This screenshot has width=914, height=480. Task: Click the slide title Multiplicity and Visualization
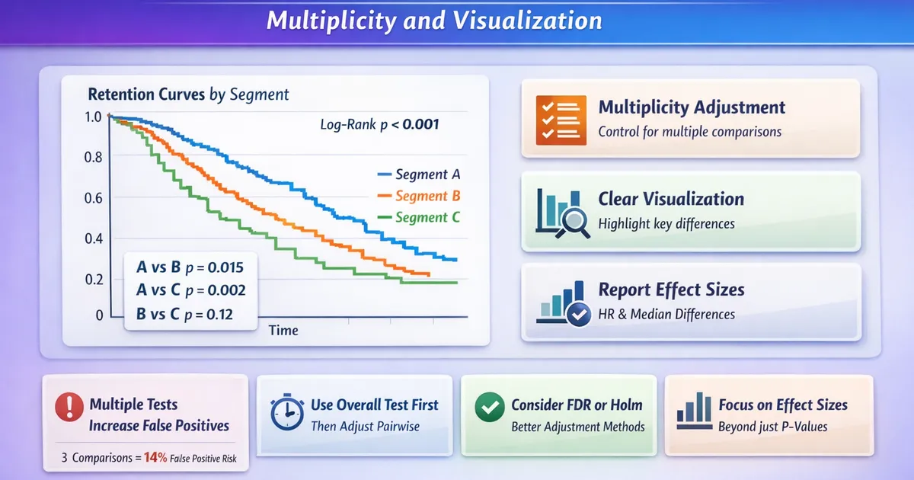[x=434, y=21]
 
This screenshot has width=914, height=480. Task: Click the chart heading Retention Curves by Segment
[x=188, y=95]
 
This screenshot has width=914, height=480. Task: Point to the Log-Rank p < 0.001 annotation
[x=379, y=125]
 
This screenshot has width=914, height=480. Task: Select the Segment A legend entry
[x=417, y=174]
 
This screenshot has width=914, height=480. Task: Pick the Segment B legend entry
[x=417, y=196]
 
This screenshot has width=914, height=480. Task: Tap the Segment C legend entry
[x=417, y=217]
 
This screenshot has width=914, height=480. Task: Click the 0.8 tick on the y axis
[x=93, y=158]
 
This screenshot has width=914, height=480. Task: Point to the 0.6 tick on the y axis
[x=93, y=198]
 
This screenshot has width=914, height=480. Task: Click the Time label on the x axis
[x=283, y=331]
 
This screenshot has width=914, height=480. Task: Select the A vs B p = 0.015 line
[x=189, y=267]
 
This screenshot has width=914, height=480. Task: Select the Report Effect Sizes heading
[x=671, y=290]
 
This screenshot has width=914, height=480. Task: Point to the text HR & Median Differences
[x=666, y=314]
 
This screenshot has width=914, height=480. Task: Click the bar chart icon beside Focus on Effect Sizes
[x=692, y=412]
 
